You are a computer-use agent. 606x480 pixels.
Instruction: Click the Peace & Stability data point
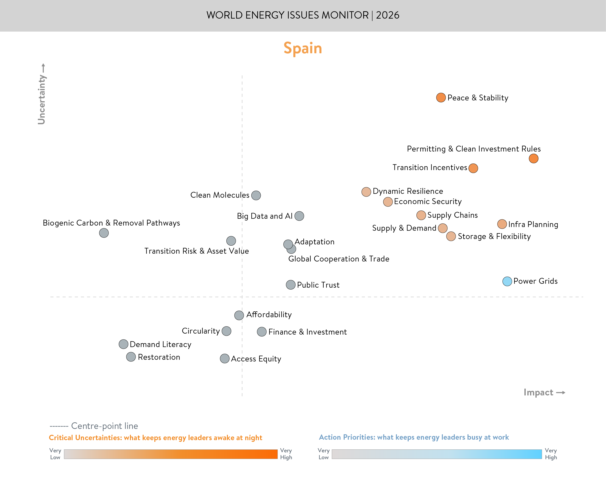pyautogui.click(x=441, y=98)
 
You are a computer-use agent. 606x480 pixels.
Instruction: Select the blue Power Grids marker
pyautogui.click(x=507, y=281)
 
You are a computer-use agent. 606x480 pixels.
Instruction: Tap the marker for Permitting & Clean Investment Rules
pyautogui.click(x=533, y=159)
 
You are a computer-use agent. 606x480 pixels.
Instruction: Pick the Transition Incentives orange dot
pyautogui.click(x=473, y=168)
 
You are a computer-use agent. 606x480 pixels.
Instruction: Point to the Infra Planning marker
pyautogui.click(x=502, y=224)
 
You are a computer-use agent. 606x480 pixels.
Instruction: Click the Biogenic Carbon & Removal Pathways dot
pyautogui.click(x=104, y=233)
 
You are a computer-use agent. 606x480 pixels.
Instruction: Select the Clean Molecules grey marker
pyautogui.click(x=256, y=195)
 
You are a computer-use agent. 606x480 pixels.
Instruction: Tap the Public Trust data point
pyautogui.click(x=291, y=285)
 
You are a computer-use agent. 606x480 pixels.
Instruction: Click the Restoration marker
pyautogui.click(x=131, y=357)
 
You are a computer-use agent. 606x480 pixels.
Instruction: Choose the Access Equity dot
pyautogui.click(x=225, y=359)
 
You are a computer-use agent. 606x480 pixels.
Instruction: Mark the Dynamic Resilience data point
pyautogui.click(x=366, y=192)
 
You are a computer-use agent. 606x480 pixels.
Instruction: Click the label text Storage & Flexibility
pyautogui.click(x=494, y=236)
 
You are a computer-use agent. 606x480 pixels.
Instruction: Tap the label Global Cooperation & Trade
pyautogui.click(x=339, y=259)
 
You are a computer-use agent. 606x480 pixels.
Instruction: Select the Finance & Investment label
pyautogui.click(x=308, y=332)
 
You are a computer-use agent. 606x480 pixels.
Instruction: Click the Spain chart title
pyautogui.click(x=303, y=48)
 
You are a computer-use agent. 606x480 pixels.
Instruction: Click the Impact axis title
pyautogui.click(x=538, y=392)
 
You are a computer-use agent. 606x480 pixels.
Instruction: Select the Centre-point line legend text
pyautogui.click(x=105, y=426)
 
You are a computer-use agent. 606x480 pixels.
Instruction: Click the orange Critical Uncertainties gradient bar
pyautogui.click(x=170, y=454)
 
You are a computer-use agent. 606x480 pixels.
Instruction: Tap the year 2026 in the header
pyautogui.click(x=388, y=15)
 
